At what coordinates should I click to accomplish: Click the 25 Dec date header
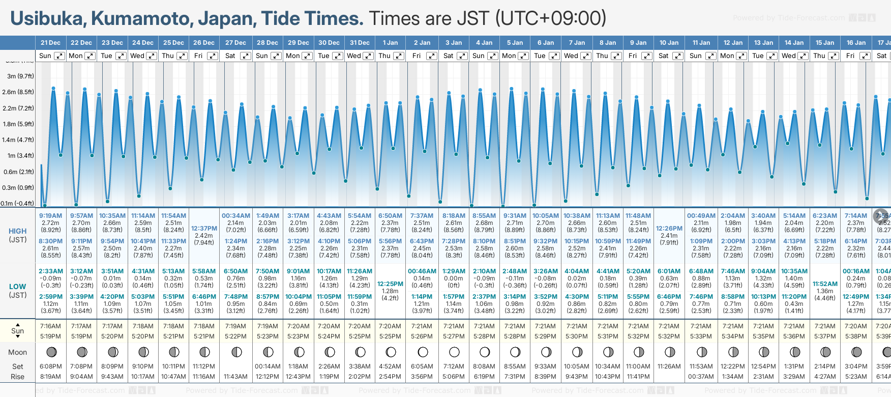173,43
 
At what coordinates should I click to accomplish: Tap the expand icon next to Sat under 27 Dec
245,56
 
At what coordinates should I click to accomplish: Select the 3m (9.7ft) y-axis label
21,76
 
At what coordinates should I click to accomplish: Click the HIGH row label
18,231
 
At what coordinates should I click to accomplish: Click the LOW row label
18,287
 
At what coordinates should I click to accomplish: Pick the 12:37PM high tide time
204,229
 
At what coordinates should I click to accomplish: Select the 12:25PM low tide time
390,284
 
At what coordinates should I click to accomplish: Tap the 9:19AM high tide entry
50,216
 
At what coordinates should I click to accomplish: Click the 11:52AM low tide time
825,284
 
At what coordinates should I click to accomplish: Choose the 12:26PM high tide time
669,229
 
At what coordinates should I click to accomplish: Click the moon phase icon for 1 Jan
391,352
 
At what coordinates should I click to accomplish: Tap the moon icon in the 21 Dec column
51,352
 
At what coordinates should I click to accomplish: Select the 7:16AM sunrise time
50,326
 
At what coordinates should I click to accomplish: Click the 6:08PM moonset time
50,366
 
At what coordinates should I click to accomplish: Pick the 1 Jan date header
390,43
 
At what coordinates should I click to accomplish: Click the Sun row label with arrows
18,331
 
